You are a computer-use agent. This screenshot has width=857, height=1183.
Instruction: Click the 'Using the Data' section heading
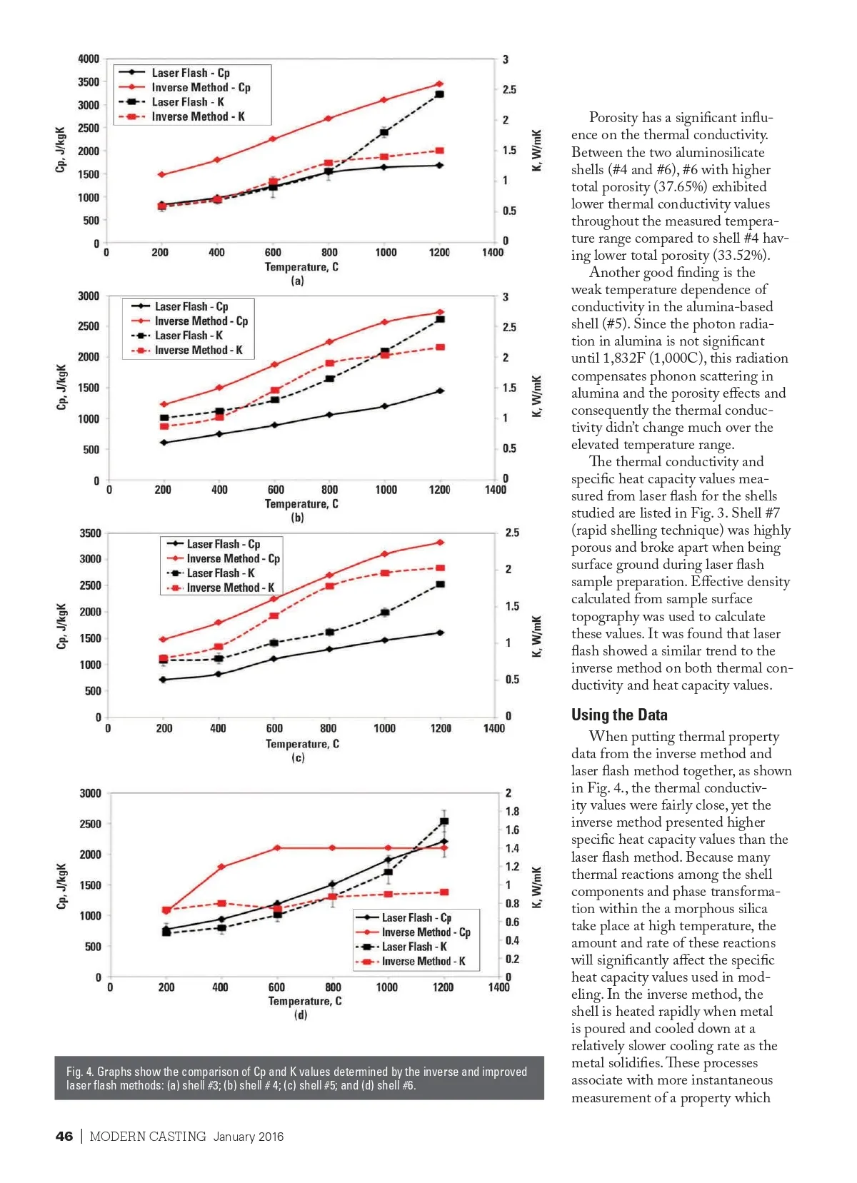point(619,715)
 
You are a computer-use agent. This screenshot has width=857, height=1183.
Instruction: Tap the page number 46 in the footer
point(64,1137)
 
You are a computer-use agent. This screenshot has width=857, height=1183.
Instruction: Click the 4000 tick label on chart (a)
point(89,59)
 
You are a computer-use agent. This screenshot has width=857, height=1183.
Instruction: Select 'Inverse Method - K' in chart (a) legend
point(198,117)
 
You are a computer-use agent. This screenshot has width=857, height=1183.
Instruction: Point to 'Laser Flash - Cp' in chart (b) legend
point(191,306)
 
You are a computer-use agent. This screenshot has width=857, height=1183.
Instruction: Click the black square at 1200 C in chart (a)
point(440,94)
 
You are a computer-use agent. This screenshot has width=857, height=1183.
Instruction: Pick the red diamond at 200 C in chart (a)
point(161,174)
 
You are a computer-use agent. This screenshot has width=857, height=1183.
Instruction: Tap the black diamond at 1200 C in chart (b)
point(441,391)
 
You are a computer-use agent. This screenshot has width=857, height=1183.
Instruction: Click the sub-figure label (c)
point(298,757)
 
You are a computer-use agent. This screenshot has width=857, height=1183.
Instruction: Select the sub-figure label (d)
point(301,1015)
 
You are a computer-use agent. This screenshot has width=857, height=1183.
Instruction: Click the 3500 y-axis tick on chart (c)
point(90,533)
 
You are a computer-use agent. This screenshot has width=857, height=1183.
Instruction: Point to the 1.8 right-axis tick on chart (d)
point(513,812)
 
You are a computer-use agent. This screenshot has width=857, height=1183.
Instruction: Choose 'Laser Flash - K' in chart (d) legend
point(414,947)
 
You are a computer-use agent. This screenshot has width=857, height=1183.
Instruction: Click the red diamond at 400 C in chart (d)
point(221,867)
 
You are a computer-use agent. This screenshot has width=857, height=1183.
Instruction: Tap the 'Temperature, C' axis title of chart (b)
point(301,504)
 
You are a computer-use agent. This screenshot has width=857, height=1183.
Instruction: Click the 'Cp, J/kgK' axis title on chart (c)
point(61,626)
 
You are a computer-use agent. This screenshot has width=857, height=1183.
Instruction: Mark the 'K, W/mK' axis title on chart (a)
point(536,150)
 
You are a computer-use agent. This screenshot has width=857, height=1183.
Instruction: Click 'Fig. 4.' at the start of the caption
point(80,1072)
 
